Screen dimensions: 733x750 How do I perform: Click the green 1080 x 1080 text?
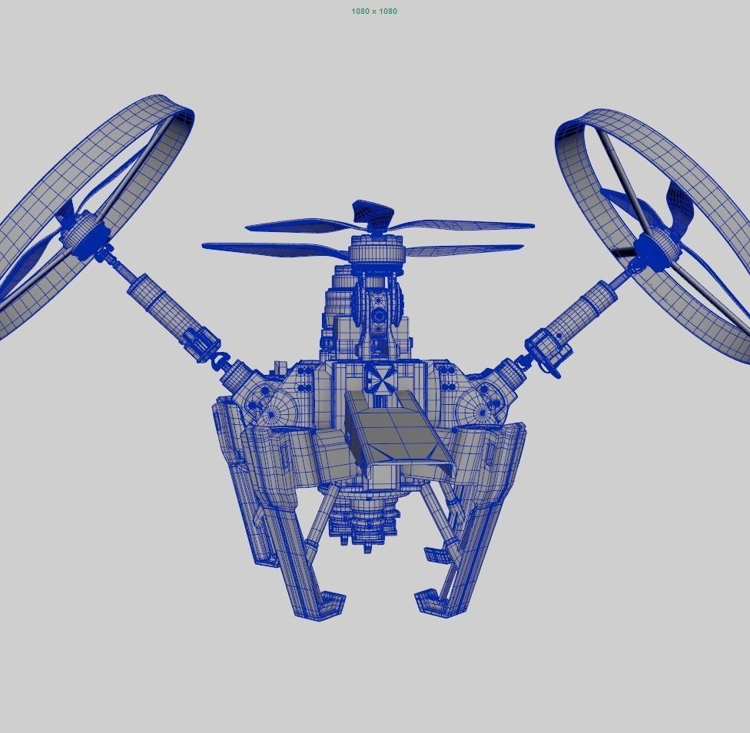[374, 12]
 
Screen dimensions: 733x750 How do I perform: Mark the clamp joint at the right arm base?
[547, 350]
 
